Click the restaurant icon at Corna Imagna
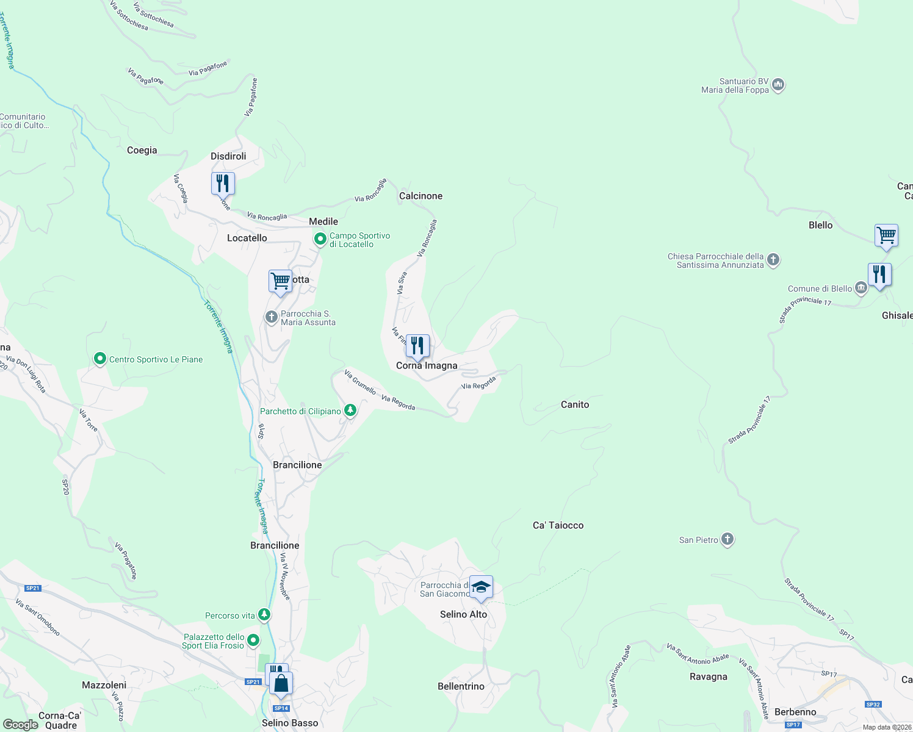click(x=417, y=346)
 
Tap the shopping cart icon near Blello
click(x=886, y=235)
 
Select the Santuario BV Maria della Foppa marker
click(x=778, y=85)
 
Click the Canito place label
click(x=575, y=404)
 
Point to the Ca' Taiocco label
click(x=558, y=525)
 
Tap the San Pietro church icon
click(x=727, y=539)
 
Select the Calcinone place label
click(x=420, y=196)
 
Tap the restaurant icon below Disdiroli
click(x=223, y=183)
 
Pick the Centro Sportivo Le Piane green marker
click(x=100, y=359)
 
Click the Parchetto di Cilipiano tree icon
click(x=350, y=411)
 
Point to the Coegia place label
click(x=142, y=150)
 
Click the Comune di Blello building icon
click(x=861, y=288)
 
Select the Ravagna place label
click(x=708, y=676)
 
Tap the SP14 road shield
click(x=281, y=708)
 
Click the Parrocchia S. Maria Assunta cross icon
click(x=271, y=317)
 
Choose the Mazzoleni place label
click(x=104, y=685)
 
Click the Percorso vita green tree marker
click(x=264, y=614)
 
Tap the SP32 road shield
click(x=873, y=705)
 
